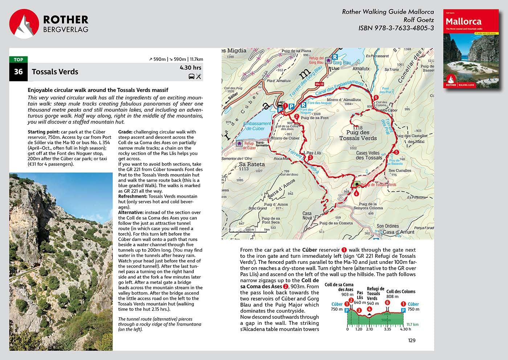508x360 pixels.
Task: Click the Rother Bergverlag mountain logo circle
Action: point(24,24)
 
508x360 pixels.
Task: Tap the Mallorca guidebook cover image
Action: point(471,49)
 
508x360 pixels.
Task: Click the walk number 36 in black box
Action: point(18,72)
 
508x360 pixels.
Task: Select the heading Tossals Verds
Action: point(55,72)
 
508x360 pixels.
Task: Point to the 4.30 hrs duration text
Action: point(190,68)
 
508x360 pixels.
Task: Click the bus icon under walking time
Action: point(191,76)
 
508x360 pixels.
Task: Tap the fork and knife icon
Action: point(198,76)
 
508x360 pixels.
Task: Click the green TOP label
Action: point(19,59)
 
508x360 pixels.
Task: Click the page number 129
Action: point(411,340)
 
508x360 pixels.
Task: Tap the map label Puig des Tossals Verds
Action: point(358,135)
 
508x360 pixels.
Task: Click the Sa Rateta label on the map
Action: point(251,165)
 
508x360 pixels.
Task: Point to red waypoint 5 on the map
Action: point(397,152)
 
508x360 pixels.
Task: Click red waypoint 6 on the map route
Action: point(376,98)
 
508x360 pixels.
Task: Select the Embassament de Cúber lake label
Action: point(257,126)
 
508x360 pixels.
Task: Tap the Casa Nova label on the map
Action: point(307,216)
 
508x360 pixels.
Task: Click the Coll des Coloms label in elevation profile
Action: point(401,291)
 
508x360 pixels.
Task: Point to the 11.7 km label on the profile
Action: point(412,324)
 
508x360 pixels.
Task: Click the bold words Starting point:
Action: point(44,132)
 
